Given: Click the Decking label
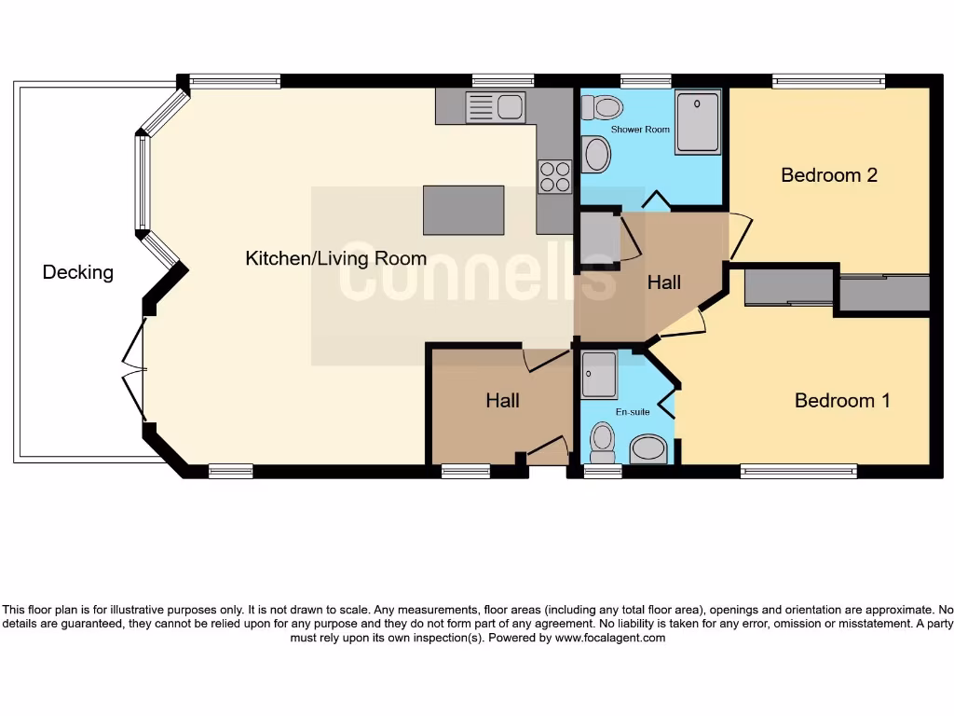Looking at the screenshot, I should (77, 272).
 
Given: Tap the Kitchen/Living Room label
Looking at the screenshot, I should (335, 258).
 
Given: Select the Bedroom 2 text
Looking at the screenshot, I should (829, 174).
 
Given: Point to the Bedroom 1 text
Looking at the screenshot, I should (842, 400).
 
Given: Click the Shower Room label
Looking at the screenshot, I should (640, 129).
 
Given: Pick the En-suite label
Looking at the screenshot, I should (632, 410).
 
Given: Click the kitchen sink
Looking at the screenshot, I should (496, 107).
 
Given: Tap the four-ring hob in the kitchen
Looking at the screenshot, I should (554, 176).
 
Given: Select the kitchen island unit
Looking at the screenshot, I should (463, 210).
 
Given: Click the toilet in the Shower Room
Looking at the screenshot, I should (599, 106).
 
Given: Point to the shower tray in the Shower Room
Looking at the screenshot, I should (697, 121).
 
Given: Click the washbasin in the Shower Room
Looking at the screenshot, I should (596, 155).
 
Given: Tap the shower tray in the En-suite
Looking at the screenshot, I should (598, 375).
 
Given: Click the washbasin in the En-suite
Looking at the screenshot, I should (648, 449).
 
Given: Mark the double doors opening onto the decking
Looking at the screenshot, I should (135, 368).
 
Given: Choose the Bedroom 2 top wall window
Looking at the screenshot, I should (828, 82).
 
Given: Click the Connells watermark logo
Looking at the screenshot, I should (477, 275).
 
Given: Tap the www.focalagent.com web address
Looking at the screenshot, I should (610, 639).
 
